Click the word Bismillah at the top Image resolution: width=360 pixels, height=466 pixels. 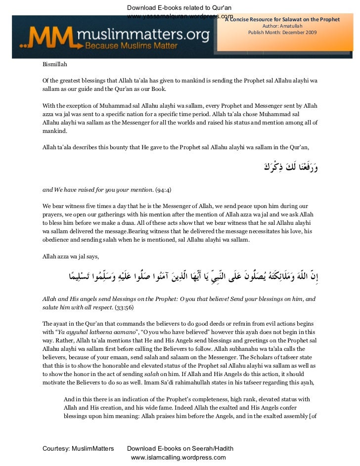55,64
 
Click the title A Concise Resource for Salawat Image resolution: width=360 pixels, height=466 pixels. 282,20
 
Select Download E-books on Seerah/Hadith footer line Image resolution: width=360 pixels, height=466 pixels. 180,449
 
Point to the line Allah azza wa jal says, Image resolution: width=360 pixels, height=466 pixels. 71,256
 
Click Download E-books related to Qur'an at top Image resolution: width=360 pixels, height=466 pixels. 180,7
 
